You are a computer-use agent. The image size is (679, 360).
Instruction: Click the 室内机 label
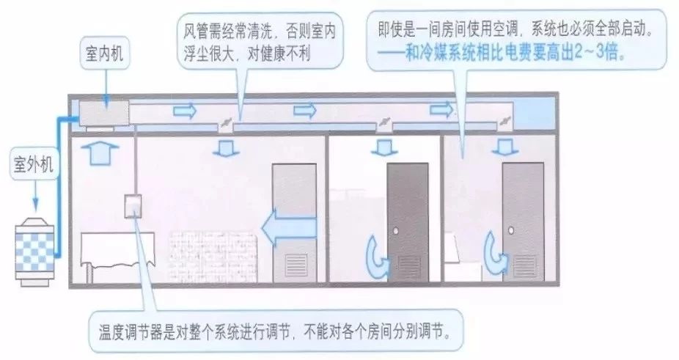click(104, 54)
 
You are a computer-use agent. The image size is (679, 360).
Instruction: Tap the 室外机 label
click(33, 165)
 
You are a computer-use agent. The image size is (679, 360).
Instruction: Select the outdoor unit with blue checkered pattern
click(34, 251)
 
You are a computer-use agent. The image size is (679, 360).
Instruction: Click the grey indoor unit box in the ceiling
click(104, 114)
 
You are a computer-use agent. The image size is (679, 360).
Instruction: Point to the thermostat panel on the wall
click(133, 206)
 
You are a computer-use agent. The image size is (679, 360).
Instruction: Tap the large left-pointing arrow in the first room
click(289, 227)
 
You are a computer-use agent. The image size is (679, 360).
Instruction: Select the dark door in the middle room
click(408, 222)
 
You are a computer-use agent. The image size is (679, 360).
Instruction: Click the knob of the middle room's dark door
click(395, 231)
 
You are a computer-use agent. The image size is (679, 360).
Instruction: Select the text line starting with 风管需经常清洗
click(259, 31)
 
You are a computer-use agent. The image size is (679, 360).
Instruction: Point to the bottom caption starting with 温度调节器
click(274, 333)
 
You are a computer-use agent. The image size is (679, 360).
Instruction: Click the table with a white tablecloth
click(117, 256)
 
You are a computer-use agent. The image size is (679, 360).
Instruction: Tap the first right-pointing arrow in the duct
click(185, 111)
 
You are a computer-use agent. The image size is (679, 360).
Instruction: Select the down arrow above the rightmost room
click(504, 147)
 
